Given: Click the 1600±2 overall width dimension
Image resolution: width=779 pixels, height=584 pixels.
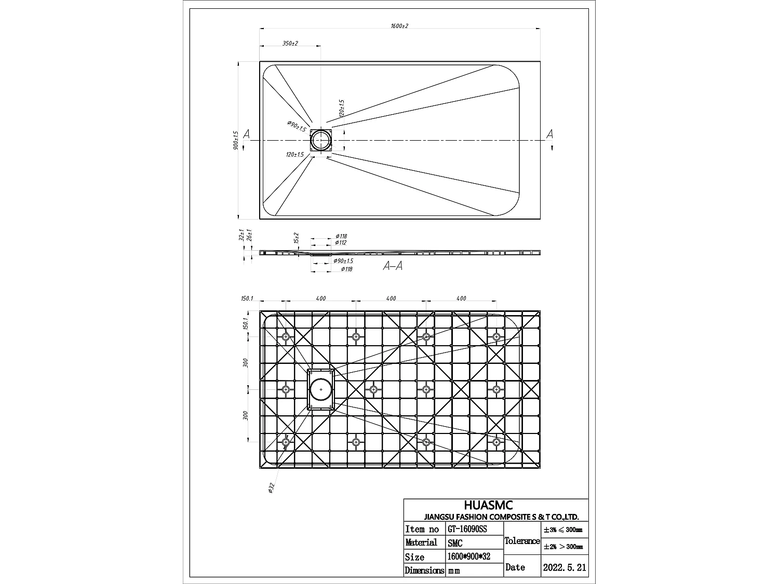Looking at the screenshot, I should pyautogui.click(x=399, y=26).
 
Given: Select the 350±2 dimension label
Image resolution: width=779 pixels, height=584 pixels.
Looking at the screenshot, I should pyautogui.click(x=290, y=43).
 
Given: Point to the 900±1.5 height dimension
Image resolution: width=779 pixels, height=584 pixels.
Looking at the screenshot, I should pyautogui.click(x=236, y=140).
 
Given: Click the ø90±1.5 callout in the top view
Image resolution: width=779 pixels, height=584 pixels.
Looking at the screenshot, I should pyautogui.click(x=296, y=126).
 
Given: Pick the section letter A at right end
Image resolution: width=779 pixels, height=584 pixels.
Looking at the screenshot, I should pyautogui.click(x=549, y=134).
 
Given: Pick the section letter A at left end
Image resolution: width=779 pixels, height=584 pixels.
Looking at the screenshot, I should pyautogui.click(x=246, y=134).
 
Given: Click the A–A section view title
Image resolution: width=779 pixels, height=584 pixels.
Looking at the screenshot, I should pyautogui.click(x=393, y=266).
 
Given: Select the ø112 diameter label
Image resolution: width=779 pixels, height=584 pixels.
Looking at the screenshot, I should pyautogui.click(x=341, y=242).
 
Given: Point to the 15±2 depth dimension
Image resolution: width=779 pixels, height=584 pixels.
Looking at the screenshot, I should pyautogui.click(x=296, y=238).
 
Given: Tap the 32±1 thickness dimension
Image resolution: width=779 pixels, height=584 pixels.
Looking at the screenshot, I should pyautogui.click(x=241, y=236).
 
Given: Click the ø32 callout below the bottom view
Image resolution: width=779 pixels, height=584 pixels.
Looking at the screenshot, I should pyautogui.click(x=271, y=487).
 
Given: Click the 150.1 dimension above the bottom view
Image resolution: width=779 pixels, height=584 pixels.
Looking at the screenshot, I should pyautogui.click(x=247, y=298).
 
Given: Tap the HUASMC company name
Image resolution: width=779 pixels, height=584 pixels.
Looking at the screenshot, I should pyautogui.click(x=488, y=505).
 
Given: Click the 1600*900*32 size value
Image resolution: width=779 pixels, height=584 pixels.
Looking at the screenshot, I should pyautogui.click(x=468, y=556).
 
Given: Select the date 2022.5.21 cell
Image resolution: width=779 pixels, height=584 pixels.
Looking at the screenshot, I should pyautogui.click(x=564, y=567).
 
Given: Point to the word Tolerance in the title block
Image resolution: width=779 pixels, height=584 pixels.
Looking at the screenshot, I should pyautogui.click(x=522, y=541).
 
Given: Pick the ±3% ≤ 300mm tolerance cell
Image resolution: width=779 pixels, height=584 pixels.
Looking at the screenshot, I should pyautogui.click(x=563, y=531).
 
